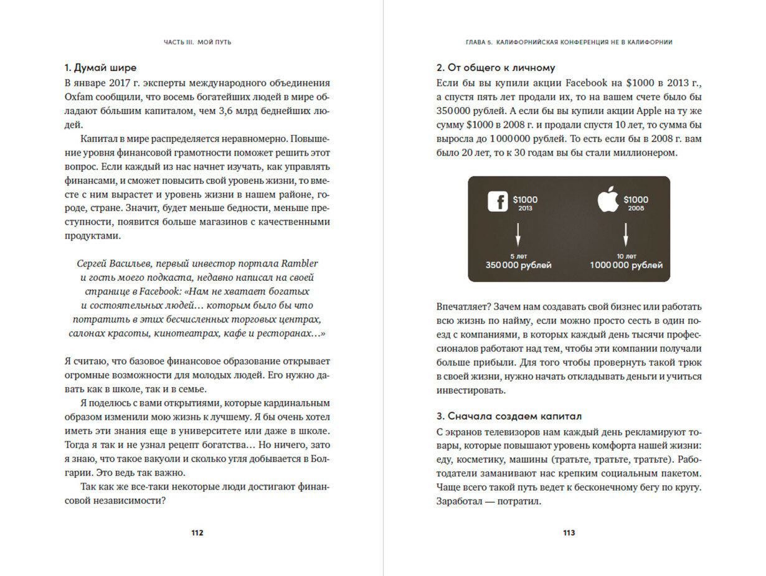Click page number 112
coord(197,533)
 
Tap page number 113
coord(569,533)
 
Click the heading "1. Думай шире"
coord(100,68)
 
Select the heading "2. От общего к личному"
coord(496,68)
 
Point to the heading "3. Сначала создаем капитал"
coord(509,415)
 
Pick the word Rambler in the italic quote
coord(300,263)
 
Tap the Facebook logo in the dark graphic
coord(497,201)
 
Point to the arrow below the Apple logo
coord(626,236)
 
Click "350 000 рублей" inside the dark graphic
coord(518,265)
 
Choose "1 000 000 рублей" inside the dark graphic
coord(626,265)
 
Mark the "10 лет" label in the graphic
coord(626,256)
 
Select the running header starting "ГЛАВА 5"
coord(569,42)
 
